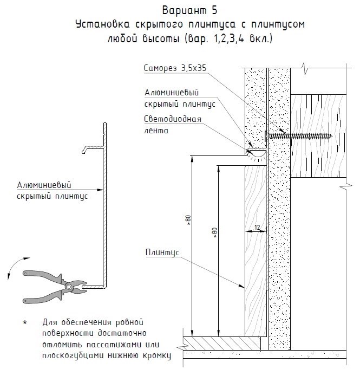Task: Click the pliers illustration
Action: pos(54,286)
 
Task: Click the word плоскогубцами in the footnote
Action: pos(69,356)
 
